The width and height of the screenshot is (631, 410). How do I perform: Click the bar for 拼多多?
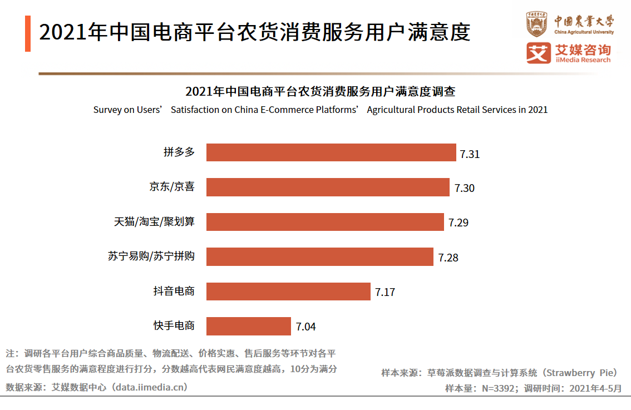(331, 152)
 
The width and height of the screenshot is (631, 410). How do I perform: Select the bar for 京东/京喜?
(328, 187)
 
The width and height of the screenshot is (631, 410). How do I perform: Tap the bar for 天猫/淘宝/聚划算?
(325, 222)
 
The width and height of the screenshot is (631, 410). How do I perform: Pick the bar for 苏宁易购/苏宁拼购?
(319, 256)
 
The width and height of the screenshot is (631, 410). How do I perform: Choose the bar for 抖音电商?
(288, 292)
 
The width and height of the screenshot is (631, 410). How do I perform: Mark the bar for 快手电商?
(248, 326)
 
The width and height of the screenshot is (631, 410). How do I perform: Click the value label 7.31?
(470, 154)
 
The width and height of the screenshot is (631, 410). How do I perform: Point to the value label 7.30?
(464, 189)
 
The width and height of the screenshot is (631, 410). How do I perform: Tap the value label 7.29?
(459, 223)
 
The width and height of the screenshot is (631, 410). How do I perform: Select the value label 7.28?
(448, 258)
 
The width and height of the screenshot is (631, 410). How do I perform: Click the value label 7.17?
(385, 293)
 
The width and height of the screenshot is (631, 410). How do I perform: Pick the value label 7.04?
(305, 327)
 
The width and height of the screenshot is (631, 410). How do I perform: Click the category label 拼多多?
(179, 152)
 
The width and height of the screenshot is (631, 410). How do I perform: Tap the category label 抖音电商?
(174, 291)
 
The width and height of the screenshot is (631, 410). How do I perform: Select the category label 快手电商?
(174, 325)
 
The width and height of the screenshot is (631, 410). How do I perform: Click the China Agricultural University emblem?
(537, 24)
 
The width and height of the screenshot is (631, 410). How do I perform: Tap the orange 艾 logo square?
(538, 53)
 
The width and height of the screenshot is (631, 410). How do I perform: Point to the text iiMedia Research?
(583, 60)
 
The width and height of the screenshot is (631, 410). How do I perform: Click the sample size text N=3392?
(497, 388)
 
